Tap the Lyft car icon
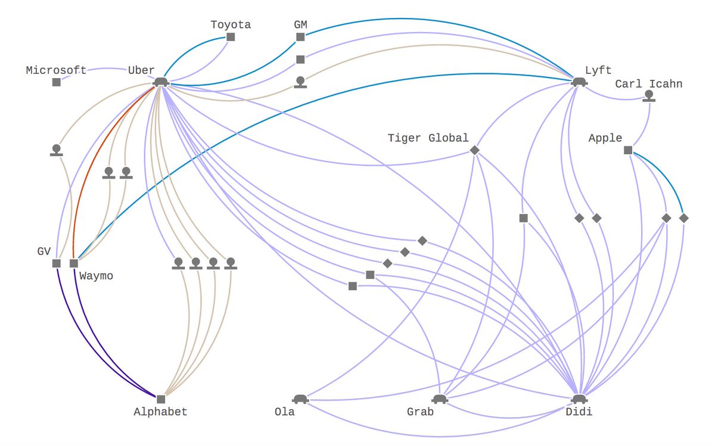[x=577, y=82]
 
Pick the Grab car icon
[x=439, y=399]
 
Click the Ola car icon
[x=299, y=399]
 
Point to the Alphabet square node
[x=160, y=399]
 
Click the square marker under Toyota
[x=231, y=37]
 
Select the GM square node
[x=300, y=37]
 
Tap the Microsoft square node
[x=56, y=82]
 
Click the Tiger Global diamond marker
[x=474, y=150]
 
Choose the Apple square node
[x=627, y=150]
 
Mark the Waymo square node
[x=74, y=263]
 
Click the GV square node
[x=56, y=263]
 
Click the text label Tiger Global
[x=428, y=138]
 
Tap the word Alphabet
[x=160, y=412]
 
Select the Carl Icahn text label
[x=648, y=84]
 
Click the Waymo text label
[x=96, y=276]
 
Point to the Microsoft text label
[x=56, y=70]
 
